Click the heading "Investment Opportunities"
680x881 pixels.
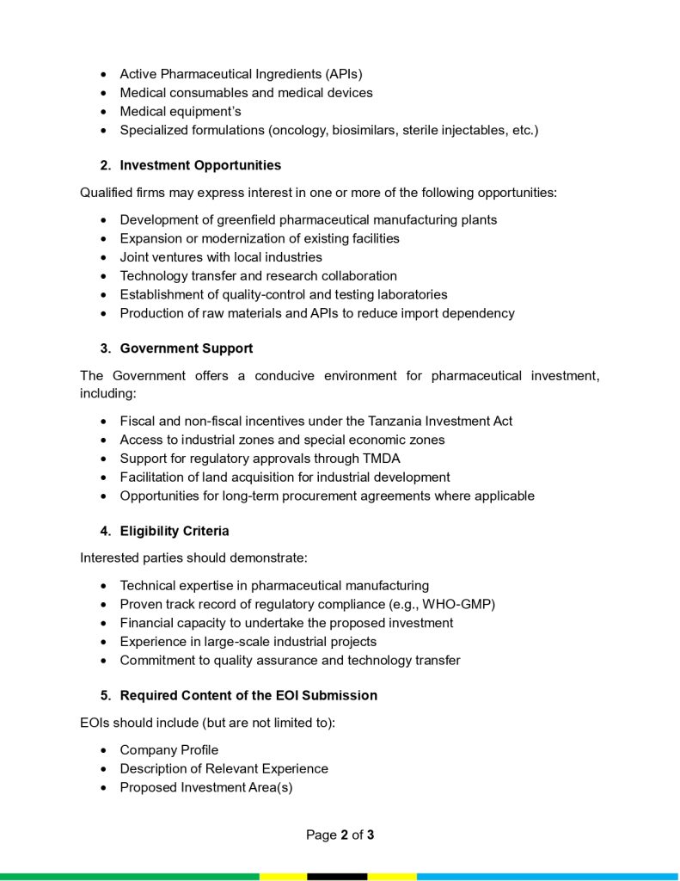point(200,165)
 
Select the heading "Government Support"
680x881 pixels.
point(186,348)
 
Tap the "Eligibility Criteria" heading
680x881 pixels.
point(175,531)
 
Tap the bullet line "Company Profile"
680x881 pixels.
point(168,750)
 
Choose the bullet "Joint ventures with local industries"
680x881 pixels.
point(221,257)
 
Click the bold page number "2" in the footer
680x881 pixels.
point(344,835)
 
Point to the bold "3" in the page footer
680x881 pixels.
point(371,835)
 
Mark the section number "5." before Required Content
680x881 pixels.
point(106,695)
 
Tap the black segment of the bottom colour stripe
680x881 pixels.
point(337,877)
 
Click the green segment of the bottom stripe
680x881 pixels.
point(129,877)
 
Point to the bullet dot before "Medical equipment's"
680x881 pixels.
point(103,112)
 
